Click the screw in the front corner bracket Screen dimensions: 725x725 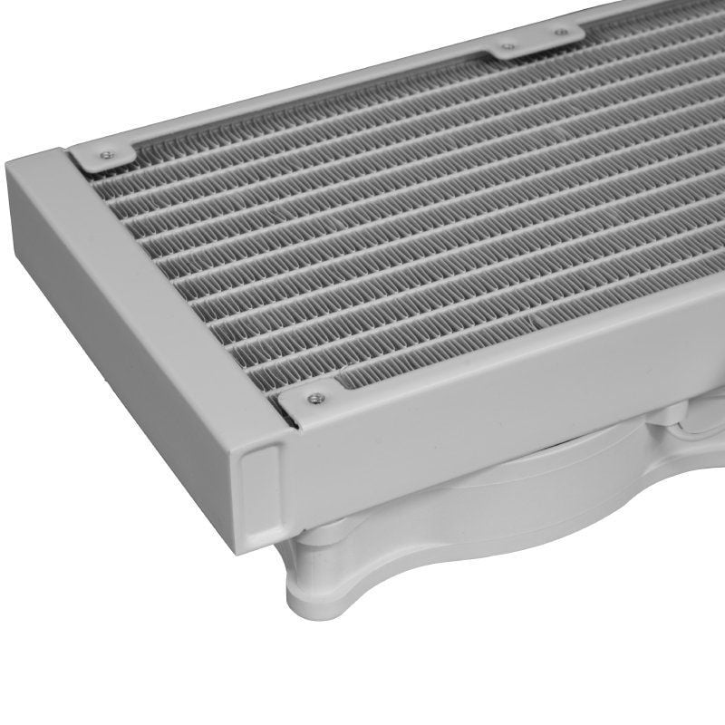[x=314, y=396]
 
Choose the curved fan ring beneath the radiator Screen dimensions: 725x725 [x=471, y=517]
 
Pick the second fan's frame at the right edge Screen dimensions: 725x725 [x=711, y=426]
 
